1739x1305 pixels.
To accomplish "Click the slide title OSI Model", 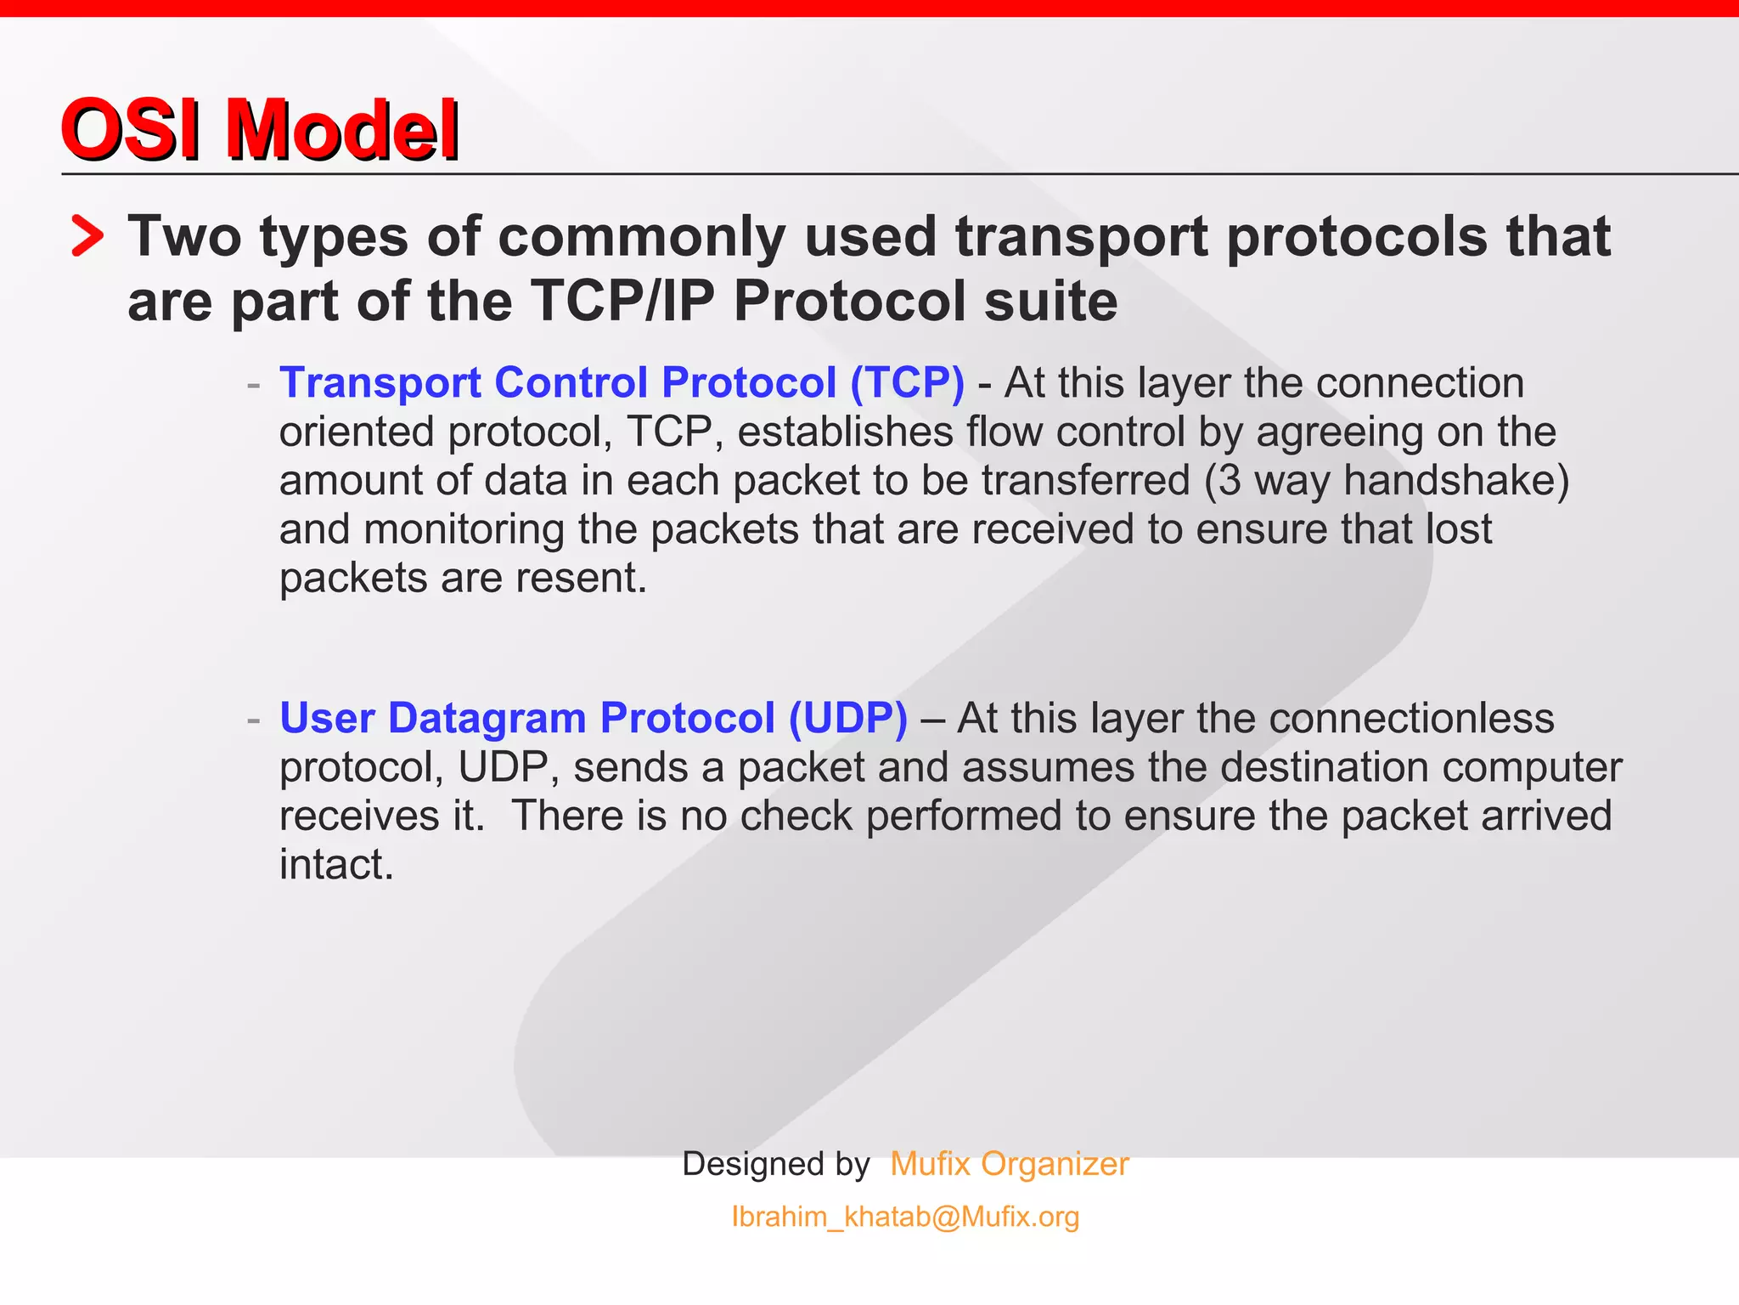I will (260, 129).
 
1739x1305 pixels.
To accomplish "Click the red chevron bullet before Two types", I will (87, 236).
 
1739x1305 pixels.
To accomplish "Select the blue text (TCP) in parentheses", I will (907, 382).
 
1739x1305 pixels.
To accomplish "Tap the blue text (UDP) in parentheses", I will (847, 718).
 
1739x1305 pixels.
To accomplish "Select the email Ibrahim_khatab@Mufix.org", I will (905, 1217).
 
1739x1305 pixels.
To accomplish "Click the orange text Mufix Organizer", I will (1009, 1164).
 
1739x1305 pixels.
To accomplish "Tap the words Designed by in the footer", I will (776, 1164).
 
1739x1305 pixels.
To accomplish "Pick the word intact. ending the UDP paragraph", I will (336, 864).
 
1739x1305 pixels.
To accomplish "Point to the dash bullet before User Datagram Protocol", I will (253, 720).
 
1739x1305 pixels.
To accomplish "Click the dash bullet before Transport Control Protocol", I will (253, 385).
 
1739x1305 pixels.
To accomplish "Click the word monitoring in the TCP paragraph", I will (464, 529).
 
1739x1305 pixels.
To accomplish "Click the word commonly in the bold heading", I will (642, 236).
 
